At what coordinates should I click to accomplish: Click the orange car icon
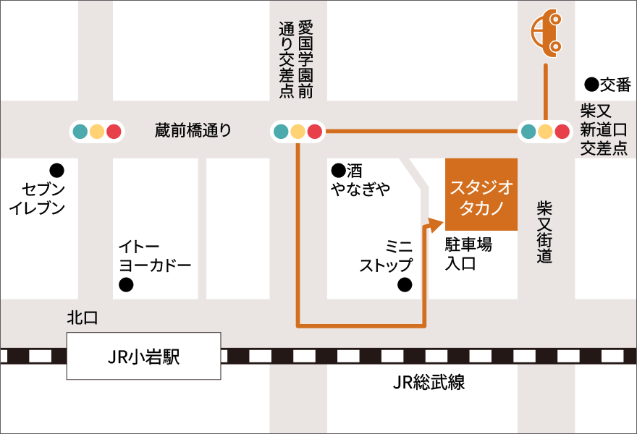click(547, 33)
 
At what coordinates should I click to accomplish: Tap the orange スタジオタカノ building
click(481, 194)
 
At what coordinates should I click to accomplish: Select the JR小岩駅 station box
click(143, 356)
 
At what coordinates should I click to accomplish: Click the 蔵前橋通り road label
click(193, 130)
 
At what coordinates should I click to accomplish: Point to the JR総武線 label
click(429, 383)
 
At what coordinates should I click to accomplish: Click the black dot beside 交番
click(591, 85)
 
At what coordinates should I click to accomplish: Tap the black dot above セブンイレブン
click(56, 171)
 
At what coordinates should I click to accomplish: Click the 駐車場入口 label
click(468, 254)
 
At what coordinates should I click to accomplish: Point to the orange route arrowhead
click(435, 224)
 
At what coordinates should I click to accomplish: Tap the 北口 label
click(82, 318)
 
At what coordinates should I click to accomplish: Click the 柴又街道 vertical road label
click(545, 231)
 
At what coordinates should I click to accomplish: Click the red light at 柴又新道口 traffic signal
click(562, 132)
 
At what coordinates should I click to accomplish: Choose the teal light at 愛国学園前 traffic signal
click(281, 132)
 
